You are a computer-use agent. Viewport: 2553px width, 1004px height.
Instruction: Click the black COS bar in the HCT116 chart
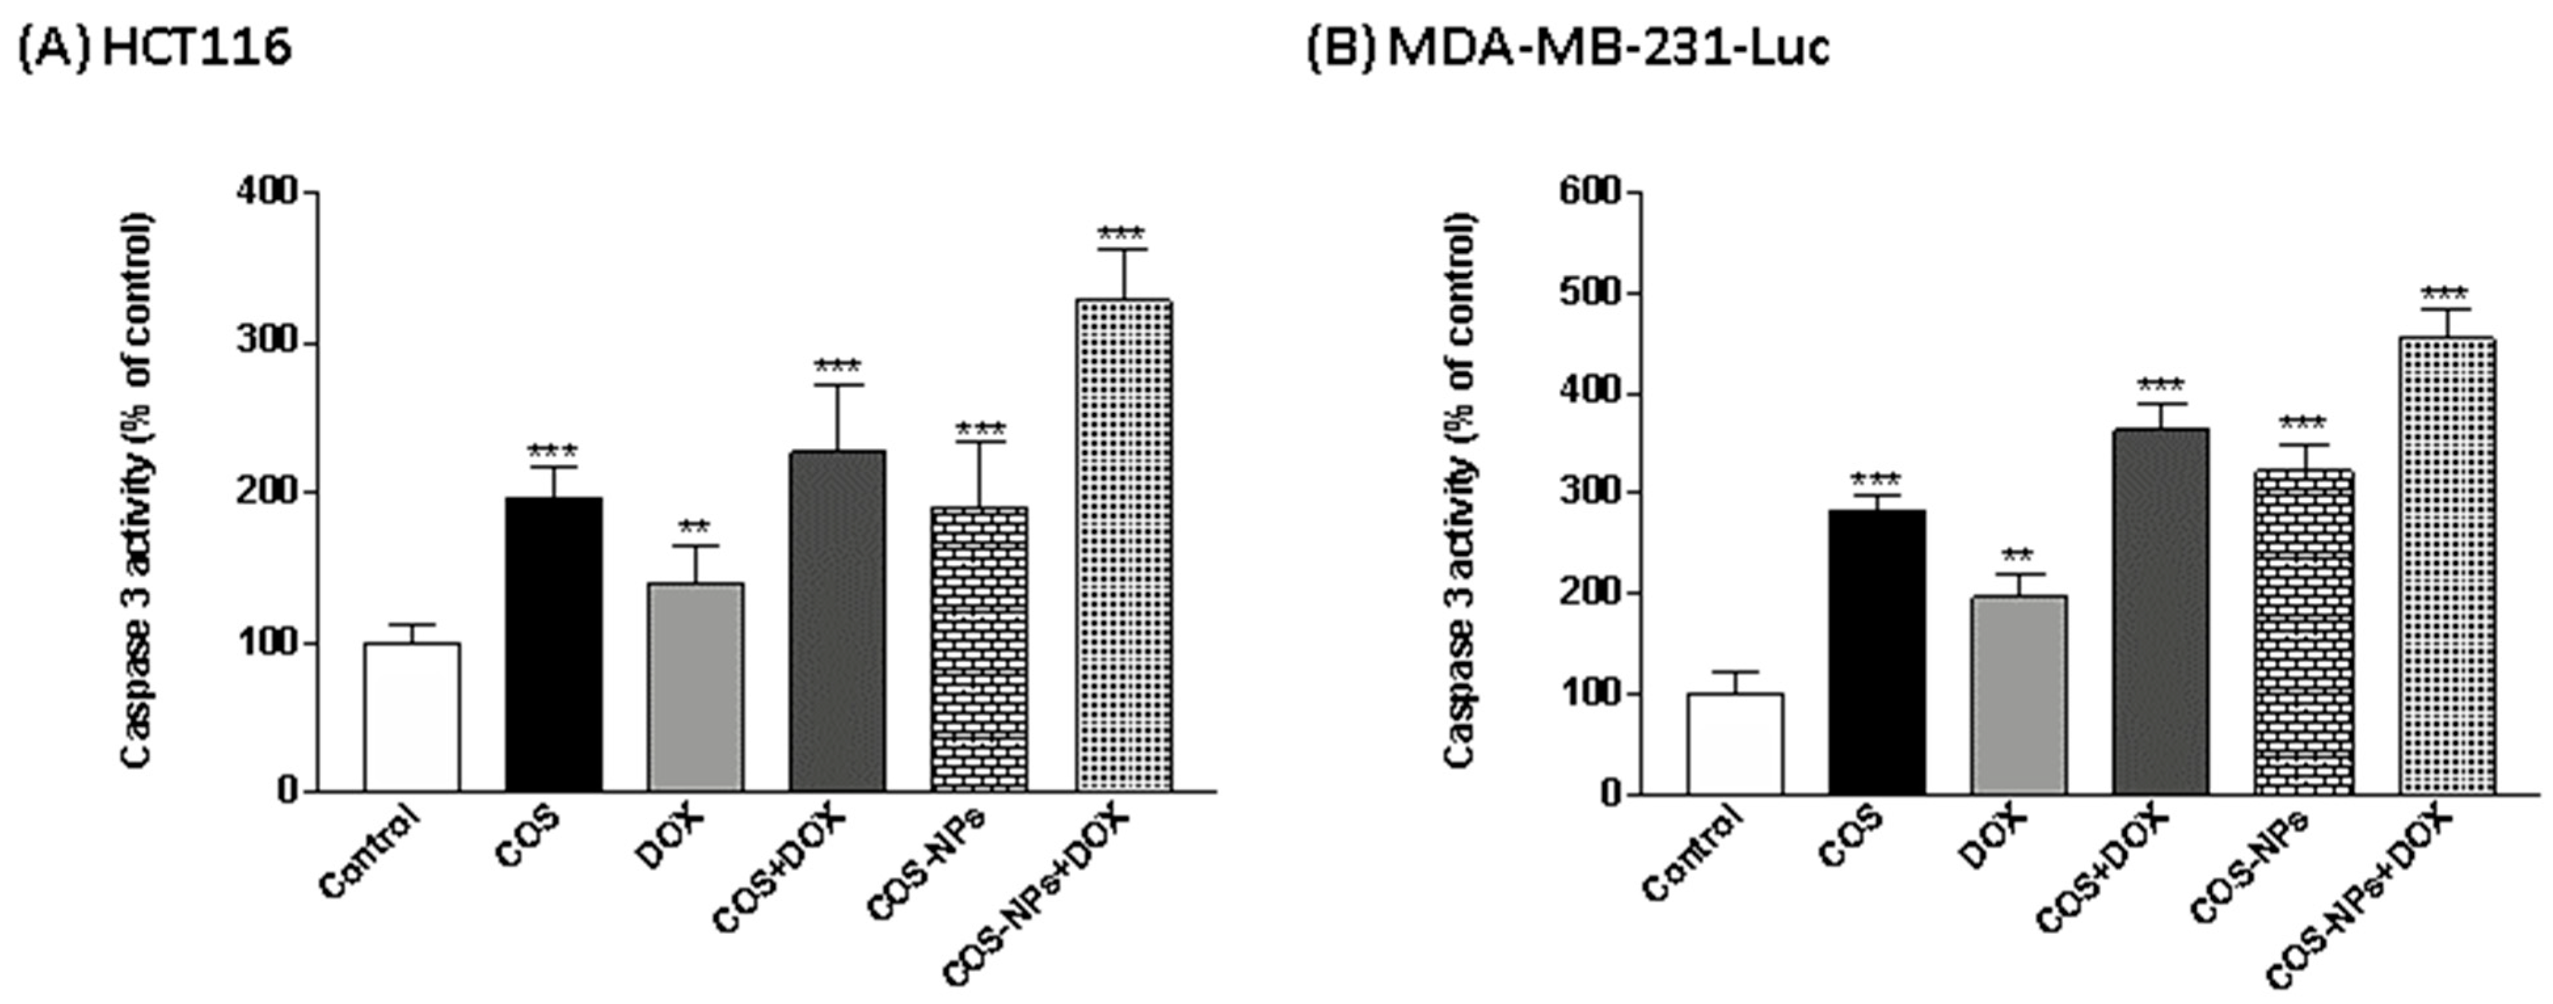point(553,644)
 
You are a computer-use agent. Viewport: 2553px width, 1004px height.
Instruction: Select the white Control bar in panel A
point(412,718)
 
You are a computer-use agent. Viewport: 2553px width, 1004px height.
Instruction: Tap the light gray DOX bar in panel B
point(2018,694)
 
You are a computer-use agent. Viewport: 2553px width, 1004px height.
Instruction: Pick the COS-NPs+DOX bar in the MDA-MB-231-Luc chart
point(2445,565)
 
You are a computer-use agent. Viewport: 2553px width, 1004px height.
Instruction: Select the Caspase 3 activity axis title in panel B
point(1458,491)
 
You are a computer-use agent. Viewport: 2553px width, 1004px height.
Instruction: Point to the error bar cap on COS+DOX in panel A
point(837,385)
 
